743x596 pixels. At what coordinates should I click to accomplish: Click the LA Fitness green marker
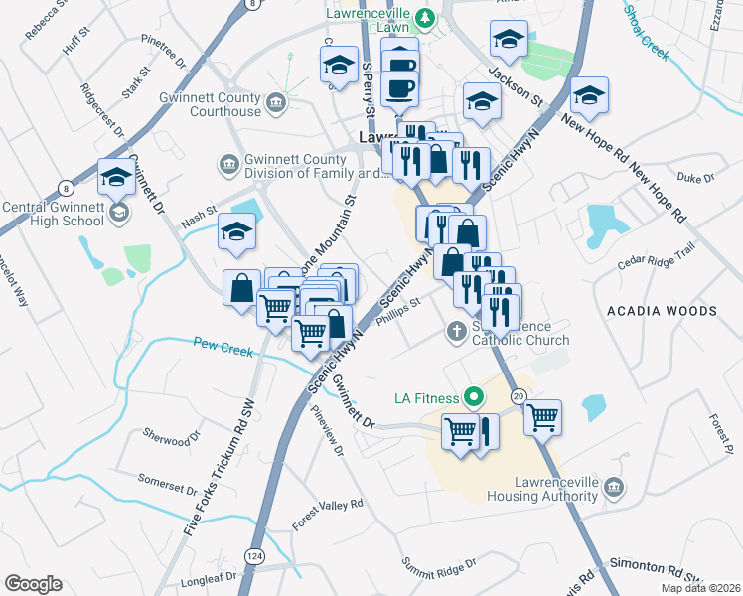(474, 398)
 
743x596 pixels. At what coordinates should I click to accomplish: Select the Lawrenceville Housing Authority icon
(614, 486)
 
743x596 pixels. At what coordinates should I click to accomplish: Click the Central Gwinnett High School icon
(117, 214)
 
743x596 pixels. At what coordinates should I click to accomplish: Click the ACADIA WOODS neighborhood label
(662, 311)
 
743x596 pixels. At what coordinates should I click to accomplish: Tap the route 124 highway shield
(256, 558)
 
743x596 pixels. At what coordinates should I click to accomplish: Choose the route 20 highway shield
(519, 396)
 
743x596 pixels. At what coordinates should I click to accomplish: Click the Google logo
(33, 584)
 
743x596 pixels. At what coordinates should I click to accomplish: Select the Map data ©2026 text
(699, 588)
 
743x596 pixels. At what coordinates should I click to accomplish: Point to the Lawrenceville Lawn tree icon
(425, 16)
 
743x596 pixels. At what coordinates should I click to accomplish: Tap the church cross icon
(456, 331)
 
